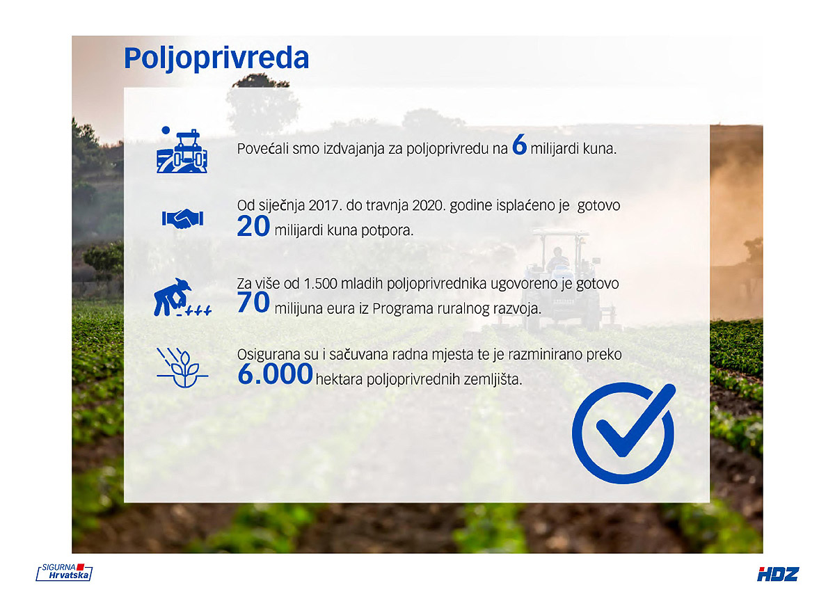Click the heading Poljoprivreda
click(x=216, y=58)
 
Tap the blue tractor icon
click(x=182, y=150)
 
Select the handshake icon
click(x=182, y=218)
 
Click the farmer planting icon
click(x=182, y=297)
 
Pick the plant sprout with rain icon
click(x=182, y=367)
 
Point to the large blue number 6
click(x=519, y=145)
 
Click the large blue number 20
click(x=253, y=226)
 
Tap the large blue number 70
click(x=253, y=302)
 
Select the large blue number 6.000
click(x=275, y=374)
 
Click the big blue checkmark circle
click(x=623, y=433)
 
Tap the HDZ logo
click(x=778, y=575)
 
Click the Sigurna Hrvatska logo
click(x=64, y=572)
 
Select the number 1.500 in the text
click(x=321, y=284)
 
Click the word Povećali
click(x=263, y=149)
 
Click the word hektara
click(x=339, y=380)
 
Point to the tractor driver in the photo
click(x=557, y=259)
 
